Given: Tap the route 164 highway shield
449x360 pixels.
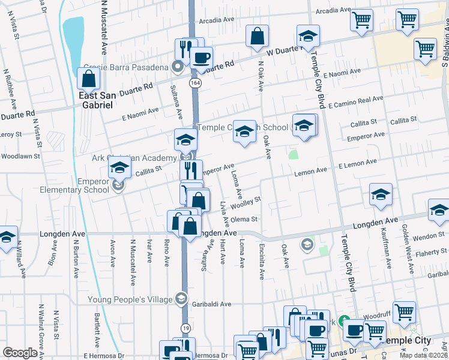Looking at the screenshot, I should [193, 82].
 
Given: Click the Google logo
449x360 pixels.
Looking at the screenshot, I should [20, 353].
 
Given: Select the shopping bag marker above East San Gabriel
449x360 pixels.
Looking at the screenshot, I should [88, 79].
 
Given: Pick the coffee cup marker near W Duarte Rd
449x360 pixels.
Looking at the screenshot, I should [201, 58].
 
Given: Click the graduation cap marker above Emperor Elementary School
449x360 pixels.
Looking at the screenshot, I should [120, 169].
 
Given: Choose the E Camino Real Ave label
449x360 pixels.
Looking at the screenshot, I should [355, 100].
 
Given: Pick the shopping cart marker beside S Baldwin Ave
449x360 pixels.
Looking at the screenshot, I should [425, 49].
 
